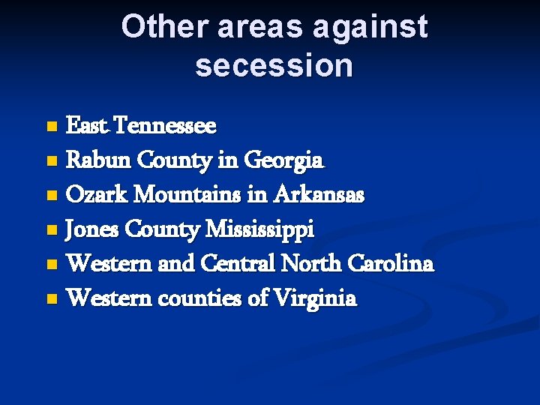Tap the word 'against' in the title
point(370,26)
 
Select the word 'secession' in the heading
point(274,65)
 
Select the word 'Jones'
point(91,229)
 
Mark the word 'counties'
point(204,298)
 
